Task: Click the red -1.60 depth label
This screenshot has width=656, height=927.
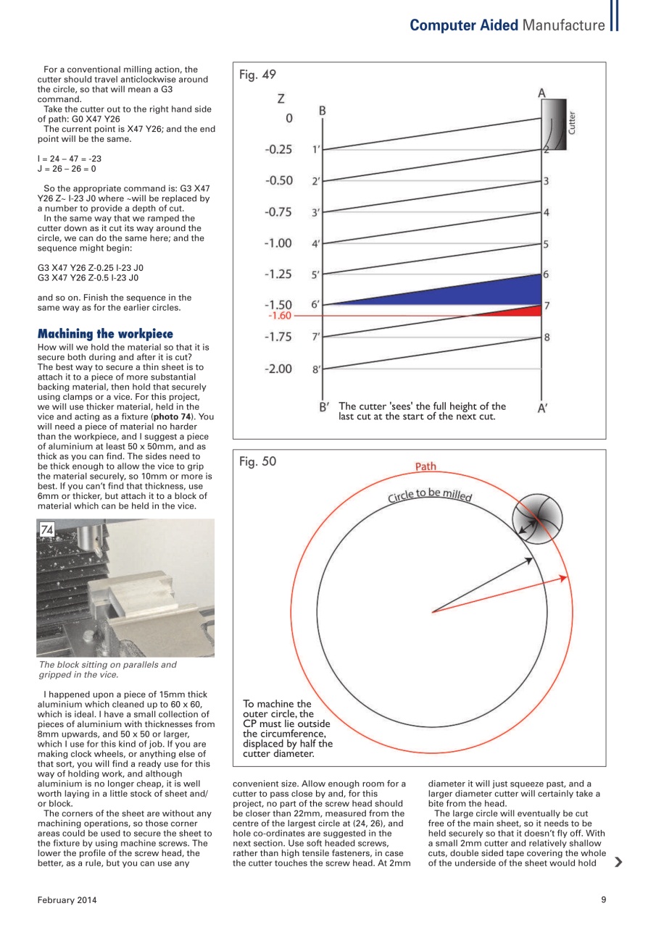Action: pos(279,316)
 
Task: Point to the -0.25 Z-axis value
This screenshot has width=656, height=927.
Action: pos(278,149)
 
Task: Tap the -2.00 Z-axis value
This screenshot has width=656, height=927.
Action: pos(278,369)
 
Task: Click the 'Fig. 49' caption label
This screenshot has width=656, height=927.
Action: pos(257,75)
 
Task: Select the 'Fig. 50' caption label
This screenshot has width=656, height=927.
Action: pos(257,461)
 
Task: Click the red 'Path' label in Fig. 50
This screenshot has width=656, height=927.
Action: pos(425,466)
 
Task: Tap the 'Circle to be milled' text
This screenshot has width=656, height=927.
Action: pos(430,495)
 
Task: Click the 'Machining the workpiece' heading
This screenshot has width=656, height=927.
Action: pos(105,334)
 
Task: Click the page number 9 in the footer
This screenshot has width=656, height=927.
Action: pos(603,900)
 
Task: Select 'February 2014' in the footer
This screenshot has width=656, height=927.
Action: pos(67,900)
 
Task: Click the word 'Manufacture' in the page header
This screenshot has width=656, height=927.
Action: pos(563,26)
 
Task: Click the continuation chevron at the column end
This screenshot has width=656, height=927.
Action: pos(618,862)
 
